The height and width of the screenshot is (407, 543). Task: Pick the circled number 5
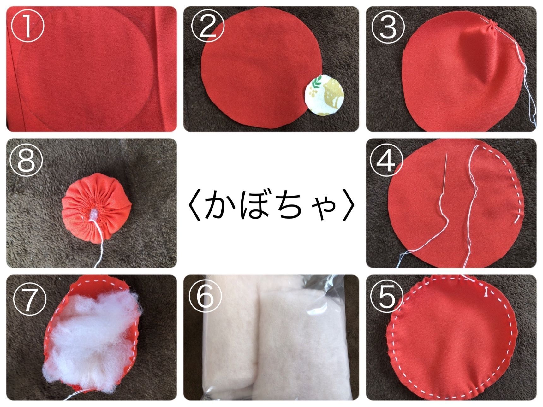(x=387, y=298)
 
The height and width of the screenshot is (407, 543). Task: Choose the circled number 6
(x=205, y=298)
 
